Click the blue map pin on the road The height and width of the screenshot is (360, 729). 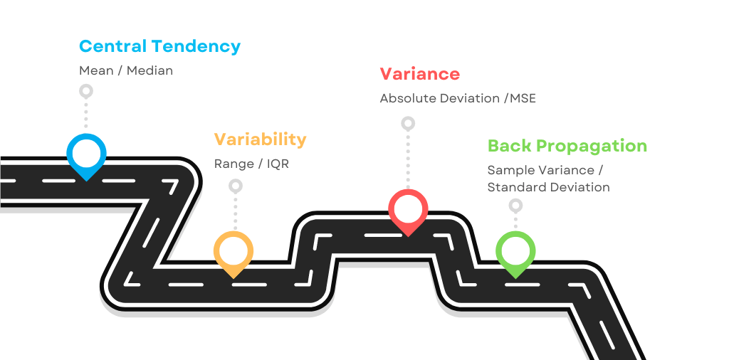click(x=86, y=153)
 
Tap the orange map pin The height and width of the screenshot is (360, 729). click(x=234, y=251)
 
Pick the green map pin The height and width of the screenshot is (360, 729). click(x=515, y=251)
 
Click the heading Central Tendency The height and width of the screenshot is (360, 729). click(x=159, y=47)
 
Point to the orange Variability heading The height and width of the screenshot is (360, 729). click(x=260, y=139)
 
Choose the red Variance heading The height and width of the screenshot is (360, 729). click(x=419, y=74)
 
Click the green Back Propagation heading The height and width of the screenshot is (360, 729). click(x=567, y=147)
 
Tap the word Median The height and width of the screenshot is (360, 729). click(x=150, y=71)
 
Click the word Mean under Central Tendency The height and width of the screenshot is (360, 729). click(x=96, y=71)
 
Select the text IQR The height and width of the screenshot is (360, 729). click(x=278, y=164)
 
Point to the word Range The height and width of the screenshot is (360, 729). click(x=234, y=164)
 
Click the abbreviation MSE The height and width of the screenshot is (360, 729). click(x=523, y=98)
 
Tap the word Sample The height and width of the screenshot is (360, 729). click(x=510, y=171)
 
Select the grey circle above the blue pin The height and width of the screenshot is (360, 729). click(x=86, y=91)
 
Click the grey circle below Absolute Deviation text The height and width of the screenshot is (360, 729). click(x=408, y=123)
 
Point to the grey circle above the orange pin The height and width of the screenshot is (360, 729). click(x=235, y=186)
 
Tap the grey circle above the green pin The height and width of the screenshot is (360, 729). click(x=515, y=206)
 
